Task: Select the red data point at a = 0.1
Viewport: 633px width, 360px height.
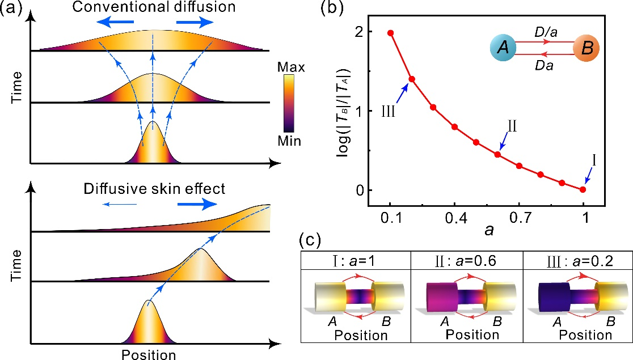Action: point(390,33)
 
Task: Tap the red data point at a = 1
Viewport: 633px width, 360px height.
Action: point(583,189)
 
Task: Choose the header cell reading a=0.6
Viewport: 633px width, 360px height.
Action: point(466,261)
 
